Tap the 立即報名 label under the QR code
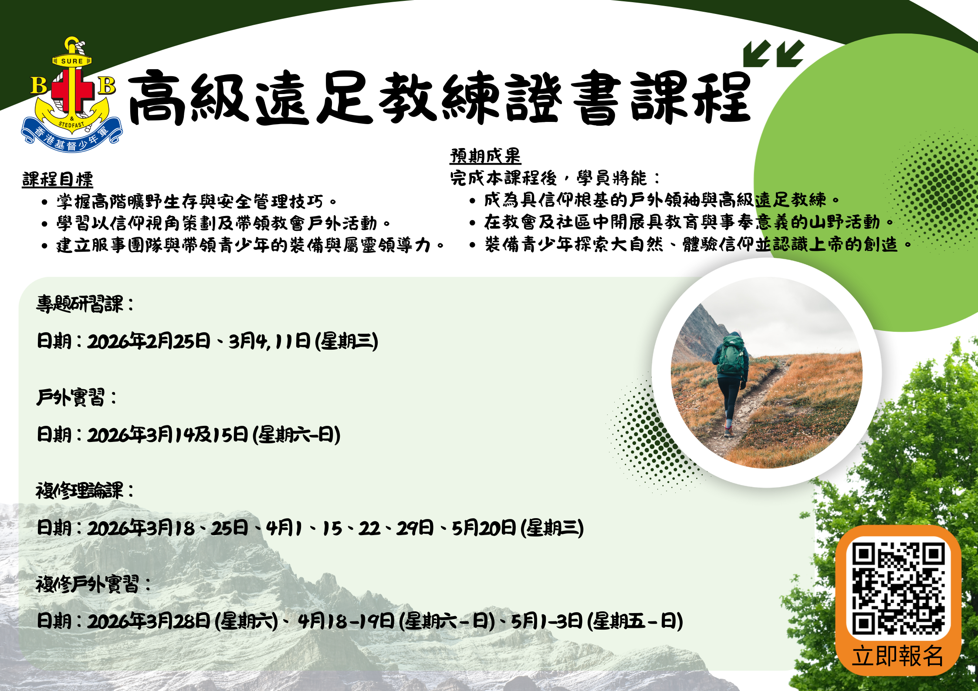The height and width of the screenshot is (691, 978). [x=898, y=656]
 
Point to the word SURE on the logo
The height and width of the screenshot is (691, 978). [x=72, y=61]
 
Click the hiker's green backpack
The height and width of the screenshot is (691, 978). [x=732, y=354]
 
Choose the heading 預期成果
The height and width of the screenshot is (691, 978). [x=485, y=155]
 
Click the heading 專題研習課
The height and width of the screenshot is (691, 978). [x=85, y=304]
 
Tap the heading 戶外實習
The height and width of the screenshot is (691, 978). [x=76, y=397]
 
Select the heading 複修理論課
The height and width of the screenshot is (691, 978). [x=85, y=491]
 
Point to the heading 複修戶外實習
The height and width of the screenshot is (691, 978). [x=93, y=584]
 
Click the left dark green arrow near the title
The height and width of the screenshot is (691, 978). [x=757, y=54]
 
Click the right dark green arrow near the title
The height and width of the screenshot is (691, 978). [x=790, y=54]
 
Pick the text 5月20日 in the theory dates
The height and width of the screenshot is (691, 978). [x=484, y=528]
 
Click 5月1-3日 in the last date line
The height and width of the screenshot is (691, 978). [x=547, y=621]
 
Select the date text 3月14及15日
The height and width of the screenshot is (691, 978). [x=198, y=435]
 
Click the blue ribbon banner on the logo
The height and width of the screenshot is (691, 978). [x=72, y=137]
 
